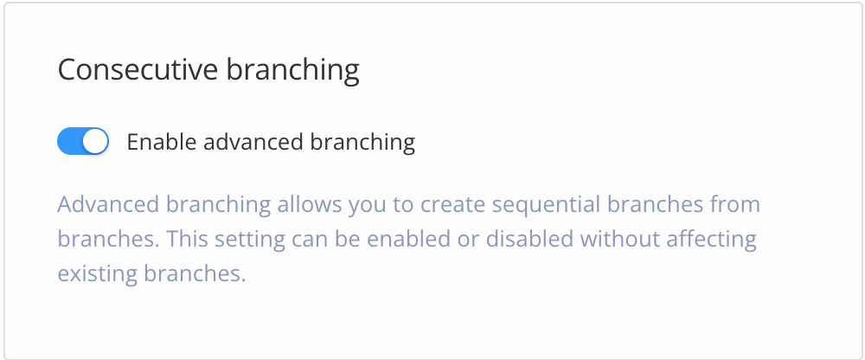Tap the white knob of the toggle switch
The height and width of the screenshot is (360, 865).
coord(95,141)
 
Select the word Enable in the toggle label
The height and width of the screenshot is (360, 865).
coord(157,141)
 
